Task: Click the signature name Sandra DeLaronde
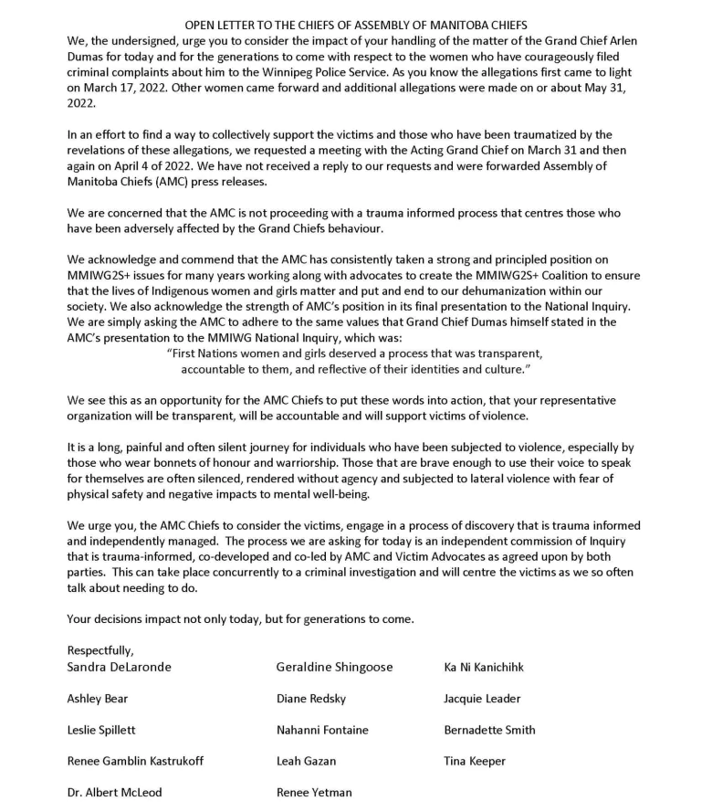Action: coord(119,667)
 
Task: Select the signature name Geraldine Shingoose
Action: coord(334,667)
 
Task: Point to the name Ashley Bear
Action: coord(98,699)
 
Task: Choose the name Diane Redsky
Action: coord(316,699)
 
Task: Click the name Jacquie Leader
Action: coord(482,699)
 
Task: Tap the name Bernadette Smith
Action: coord(489,730)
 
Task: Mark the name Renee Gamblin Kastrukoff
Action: coord(135,761)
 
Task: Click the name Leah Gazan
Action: coord(306,761)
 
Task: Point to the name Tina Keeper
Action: coord(475,761)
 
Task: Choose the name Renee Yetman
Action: coord(314,792)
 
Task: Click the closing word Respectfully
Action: coord(100,650)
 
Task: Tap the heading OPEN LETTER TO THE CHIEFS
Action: coord(356,25)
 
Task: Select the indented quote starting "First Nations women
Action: coord(355,361)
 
